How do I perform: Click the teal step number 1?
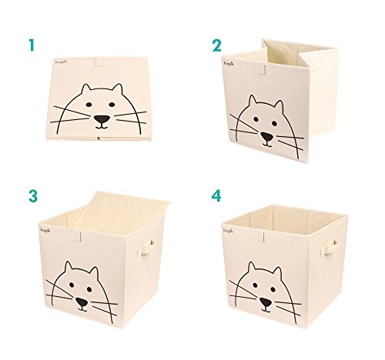32,45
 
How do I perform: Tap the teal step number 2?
216,45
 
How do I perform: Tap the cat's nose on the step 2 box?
266,136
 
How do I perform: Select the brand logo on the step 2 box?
229,64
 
